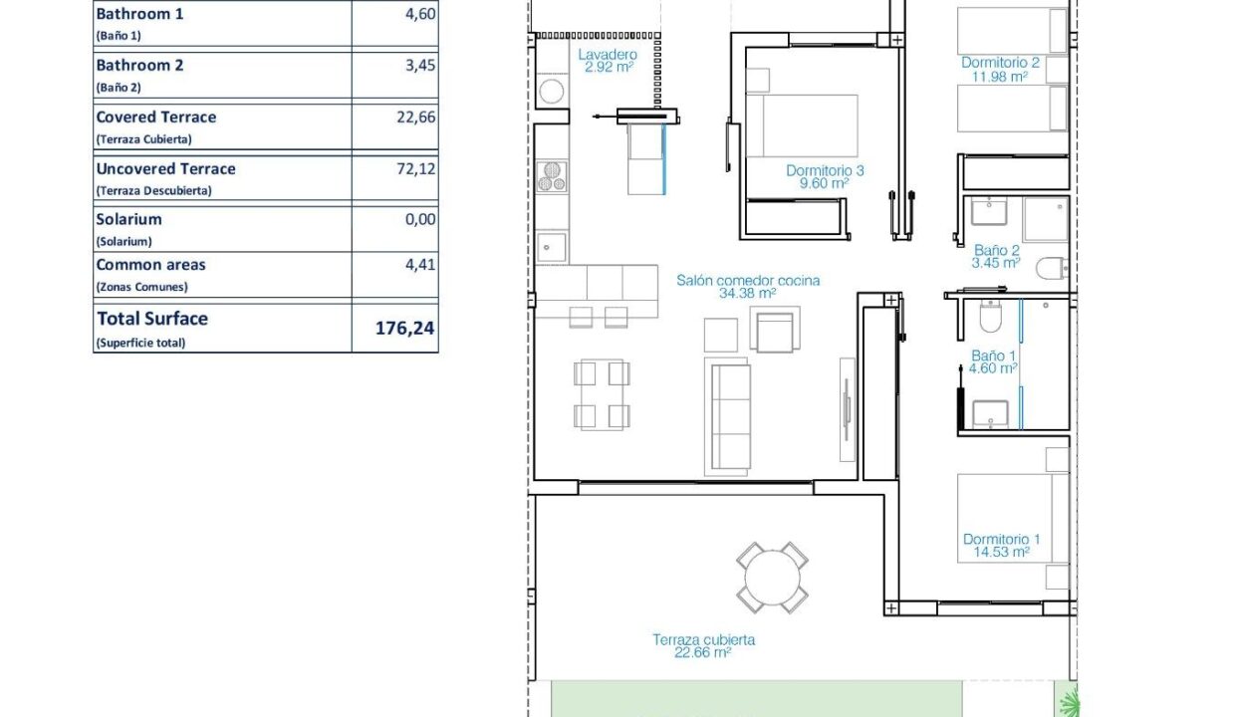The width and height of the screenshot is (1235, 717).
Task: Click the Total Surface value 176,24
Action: point(404,329)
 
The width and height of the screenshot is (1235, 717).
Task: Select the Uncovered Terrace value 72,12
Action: point(416,168)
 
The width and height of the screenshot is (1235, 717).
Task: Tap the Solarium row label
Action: point(129,219)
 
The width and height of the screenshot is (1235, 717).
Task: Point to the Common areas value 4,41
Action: point(420,265)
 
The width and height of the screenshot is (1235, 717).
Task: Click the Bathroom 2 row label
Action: point(139,65)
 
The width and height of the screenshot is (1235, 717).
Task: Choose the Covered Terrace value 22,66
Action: point(416,117)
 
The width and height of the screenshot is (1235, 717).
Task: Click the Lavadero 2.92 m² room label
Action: point(608,61)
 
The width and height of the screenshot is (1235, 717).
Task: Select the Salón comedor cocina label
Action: point(748,281)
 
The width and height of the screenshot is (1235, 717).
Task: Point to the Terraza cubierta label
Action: point(703,640)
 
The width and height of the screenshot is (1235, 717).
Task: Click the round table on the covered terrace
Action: point(772,579)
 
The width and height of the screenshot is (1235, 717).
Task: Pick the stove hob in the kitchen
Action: point(552,176)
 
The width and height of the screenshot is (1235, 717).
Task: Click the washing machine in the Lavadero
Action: point(552,91)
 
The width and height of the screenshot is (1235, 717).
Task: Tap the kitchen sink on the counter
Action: point(552,247)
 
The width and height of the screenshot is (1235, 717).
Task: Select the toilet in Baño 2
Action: point(1052,269)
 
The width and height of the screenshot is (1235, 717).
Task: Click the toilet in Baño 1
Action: point(990,317)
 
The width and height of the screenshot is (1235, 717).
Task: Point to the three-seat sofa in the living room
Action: point(728,417)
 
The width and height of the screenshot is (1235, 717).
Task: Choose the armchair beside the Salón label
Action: point(775,330)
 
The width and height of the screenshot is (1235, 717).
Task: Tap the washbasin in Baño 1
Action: point(990,414)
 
